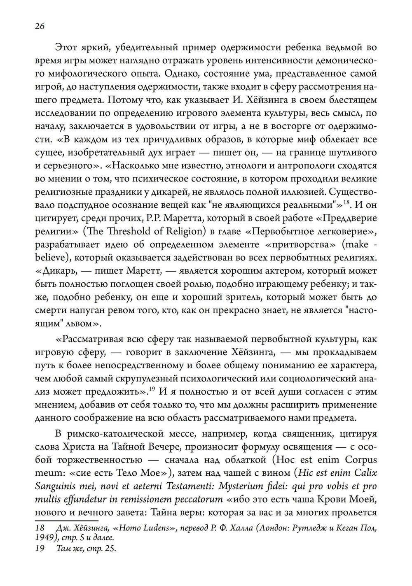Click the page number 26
click(40, 26)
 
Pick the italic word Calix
click(363, 473)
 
